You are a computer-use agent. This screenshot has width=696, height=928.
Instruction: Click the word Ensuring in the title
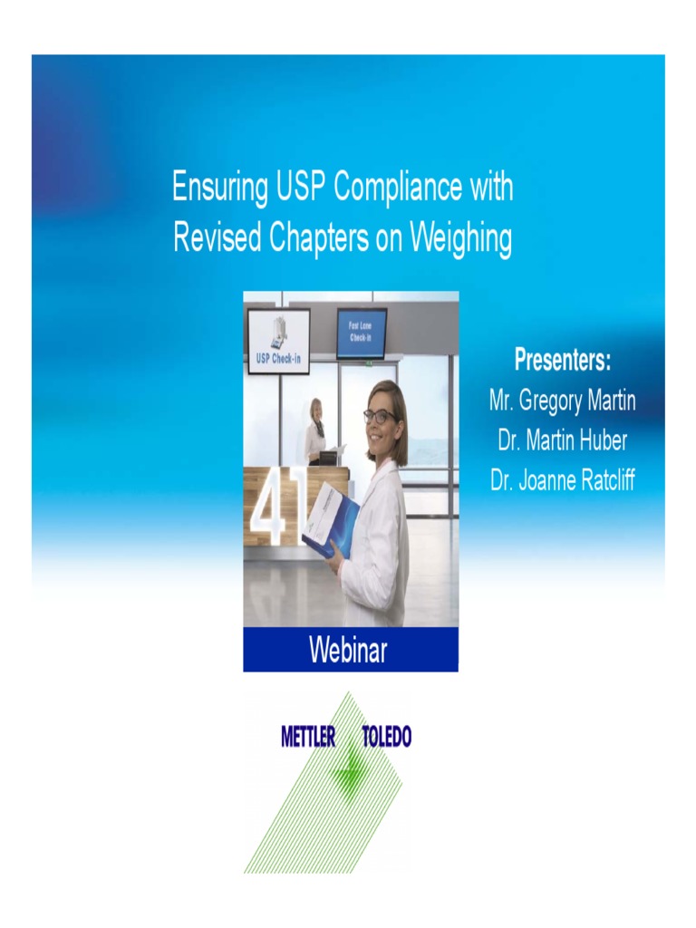[x=219, y=188]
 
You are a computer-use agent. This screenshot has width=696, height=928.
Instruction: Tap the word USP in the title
[x=300, y=188]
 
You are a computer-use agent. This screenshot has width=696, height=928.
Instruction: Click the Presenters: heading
[x=562, y=361]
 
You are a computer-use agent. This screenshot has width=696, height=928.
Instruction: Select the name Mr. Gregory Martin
[x=562, y=401]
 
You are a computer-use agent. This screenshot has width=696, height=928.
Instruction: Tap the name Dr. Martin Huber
[x=562, y=440]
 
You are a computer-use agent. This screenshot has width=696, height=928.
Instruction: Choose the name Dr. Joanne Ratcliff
[x=562, y=480]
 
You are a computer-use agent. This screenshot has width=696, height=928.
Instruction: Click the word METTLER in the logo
[x=308, y=737]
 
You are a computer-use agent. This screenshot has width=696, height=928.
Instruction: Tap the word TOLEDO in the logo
[x=387, y=737]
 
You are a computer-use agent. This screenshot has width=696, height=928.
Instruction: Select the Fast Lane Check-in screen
[x=362, y=333]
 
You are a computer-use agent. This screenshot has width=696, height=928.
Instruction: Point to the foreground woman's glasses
[x=379, y=416]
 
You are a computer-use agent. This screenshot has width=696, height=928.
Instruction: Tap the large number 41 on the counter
[x=275, y=513]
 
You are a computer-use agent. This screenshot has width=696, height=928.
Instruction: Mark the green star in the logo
[x=349, y=771]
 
